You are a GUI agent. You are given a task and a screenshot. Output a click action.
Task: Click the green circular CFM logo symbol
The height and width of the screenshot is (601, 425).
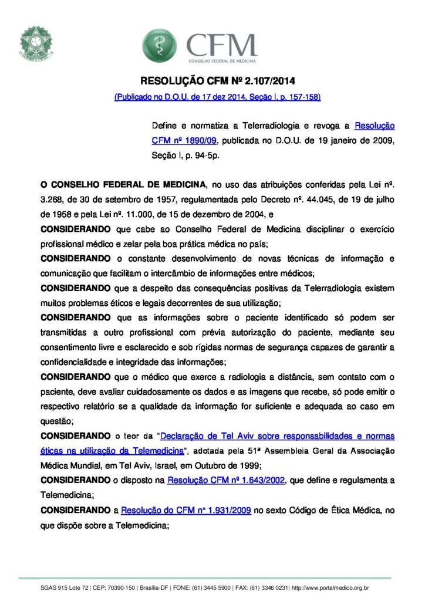pyautogui.click(x=158, y=45)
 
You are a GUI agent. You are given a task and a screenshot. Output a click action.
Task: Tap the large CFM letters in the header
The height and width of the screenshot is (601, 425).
pyautogui.click(x=221, y=44)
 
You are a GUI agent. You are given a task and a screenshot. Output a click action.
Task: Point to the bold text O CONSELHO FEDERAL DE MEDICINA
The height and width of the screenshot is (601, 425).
pyautogui.click(x=124, y=184)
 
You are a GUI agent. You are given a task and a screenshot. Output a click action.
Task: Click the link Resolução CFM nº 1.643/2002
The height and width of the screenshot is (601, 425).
pyautogui.click(x=227, y=481)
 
